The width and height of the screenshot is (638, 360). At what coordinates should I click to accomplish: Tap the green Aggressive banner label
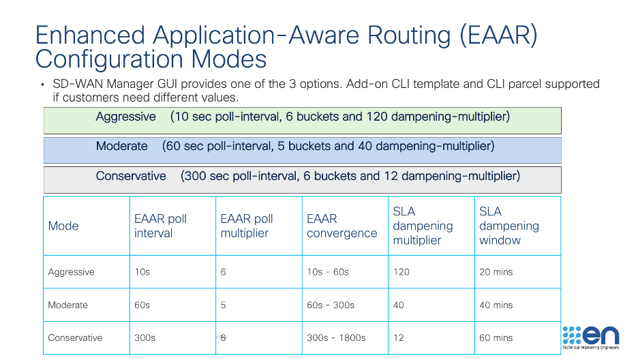coord(125,117)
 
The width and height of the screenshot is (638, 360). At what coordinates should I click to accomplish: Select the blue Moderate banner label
coord(121,146)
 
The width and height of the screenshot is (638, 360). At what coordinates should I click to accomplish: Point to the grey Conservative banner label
coord(131,176)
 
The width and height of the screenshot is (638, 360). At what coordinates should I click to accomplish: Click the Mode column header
coord(63,226)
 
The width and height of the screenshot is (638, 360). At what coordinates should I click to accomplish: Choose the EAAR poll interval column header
coord(160,226)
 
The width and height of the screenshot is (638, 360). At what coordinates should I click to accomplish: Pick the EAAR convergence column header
coord(341,226)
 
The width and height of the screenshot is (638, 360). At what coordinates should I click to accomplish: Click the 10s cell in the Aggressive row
coord(142,271)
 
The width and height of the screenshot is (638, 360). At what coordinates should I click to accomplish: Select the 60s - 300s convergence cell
coord(331,305)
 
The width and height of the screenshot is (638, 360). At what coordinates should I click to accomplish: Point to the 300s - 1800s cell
coord(336,337)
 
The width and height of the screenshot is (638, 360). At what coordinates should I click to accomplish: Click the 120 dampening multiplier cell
coord(401,271)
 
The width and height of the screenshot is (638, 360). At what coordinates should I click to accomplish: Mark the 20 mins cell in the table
coord(496,271)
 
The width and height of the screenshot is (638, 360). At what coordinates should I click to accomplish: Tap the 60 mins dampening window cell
coord(496,337)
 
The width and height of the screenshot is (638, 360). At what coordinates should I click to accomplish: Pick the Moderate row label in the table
coord(67,305)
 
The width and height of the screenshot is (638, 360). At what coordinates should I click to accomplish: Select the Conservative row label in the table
coord(75,337)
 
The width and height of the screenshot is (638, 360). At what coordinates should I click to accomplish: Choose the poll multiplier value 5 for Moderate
coord(223,305)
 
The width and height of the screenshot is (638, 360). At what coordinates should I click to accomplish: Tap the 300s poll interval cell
coord(145,337)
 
